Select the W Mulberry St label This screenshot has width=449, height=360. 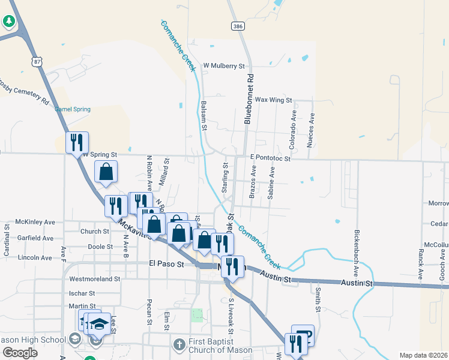225,66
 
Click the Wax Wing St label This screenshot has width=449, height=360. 273,100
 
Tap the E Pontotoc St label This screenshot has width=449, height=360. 271,157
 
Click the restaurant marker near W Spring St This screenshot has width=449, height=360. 77,143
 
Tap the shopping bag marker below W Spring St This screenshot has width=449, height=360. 106,172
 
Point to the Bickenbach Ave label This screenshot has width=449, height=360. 357,248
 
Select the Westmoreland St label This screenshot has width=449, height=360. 95,279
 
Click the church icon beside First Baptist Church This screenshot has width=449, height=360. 178,345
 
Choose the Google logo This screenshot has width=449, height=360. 20,353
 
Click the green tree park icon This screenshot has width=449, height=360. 8,22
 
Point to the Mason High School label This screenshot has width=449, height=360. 32,340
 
